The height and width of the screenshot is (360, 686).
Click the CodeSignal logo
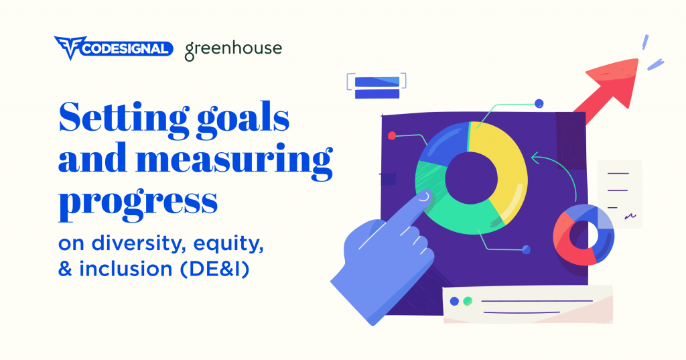pos(113,48)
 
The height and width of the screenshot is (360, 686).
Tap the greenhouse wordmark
pos(233,50)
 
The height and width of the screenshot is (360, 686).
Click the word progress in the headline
pos(138,202)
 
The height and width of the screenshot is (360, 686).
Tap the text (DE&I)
pos(214,268)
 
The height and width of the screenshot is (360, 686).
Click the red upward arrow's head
pos(615,82)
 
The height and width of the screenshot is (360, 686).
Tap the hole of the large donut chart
pos(472,178)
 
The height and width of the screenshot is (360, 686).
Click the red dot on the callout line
pos(392,136)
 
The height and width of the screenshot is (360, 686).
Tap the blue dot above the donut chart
pos(539,103)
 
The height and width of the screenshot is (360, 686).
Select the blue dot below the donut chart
pos(527,249)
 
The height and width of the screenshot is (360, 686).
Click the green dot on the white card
pos(468,301)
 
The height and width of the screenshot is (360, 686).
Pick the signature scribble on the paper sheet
pos(630,215)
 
